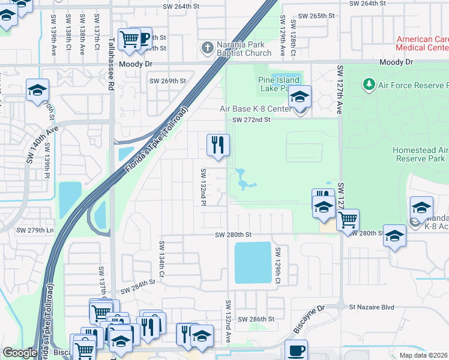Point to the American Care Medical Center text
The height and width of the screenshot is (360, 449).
[x=422, y=43]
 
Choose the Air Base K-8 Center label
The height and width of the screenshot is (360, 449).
[x=255, y=109]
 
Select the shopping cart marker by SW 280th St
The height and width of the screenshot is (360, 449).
[x=348, y=220]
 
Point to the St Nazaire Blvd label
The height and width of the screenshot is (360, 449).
[x=371, y=307]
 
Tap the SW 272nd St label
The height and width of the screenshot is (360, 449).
[x=252, y=119]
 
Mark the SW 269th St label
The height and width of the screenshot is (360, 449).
[x=167, y=81]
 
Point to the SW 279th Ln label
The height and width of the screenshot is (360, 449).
[x=35, y=230]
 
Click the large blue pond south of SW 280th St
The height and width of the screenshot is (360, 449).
[x=253, y=262]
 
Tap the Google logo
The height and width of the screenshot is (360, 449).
[x=20, y=352]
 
